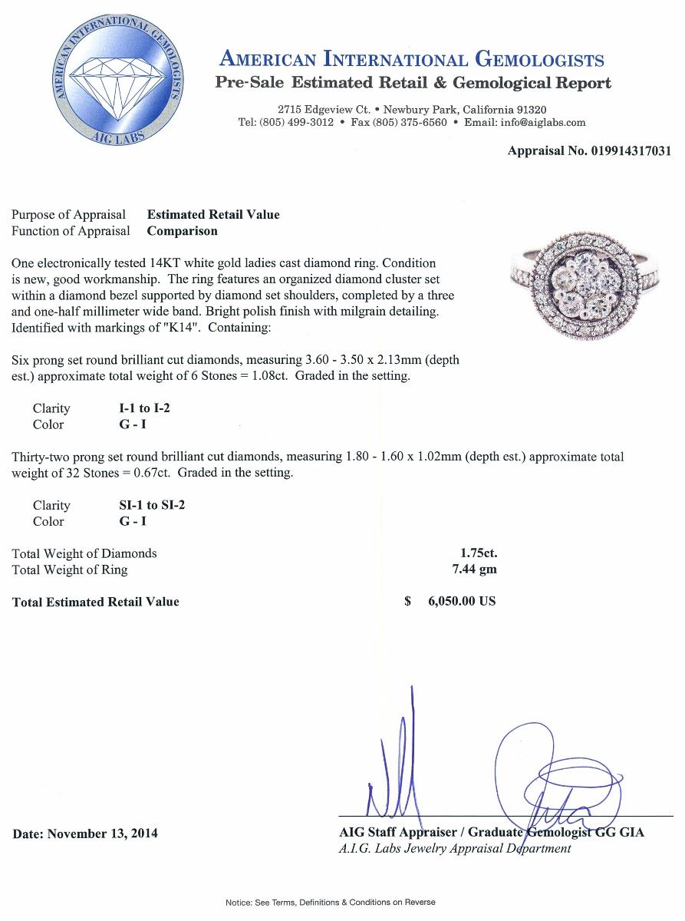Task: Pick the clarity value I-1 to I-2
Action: click(140, 408)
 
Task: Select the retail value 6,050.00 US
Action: click(461, 601)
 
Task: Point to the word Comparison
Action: click(182, 230)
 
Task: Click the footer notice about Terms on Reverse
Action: click(330, 902)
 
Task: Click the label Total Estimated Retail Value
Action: click(96, 602)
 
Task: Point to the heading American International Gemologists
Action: click(412, 59)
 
